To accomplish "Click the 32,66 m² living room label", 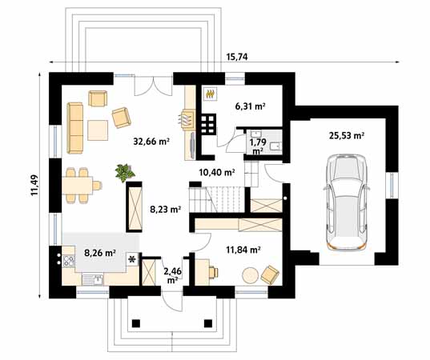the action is (151, 142).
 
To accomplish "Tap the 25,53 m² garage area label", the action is (347, 136).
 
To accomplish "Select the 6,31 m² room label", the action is (250, 106).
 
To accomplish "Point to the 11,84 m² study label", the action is (243, 250).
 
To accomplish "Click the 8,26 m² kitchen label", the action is (99, 253).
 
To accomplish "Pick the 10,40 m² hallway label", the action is (217, 172).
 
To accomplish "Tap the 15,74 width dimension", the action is (237, 57).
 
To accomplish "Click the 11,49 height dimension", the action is (34, 186).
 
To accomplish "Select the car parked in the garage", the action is (346, 202).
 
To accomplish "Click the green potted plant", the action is (125, 172).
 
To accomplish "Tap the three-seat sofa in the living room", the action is (74, 128).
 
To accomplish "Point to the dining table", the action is (78, 186).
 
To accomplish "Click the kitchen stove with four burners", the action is (69, 261).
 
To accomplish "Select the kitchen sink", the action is (92, 279).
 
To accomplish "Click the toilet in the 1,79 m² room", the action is (275, 146).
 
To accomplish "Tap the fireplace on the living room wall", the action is (187, 119).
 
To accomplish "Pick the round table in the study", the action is (250, 275).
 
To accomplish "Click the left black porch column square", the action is (136, 323).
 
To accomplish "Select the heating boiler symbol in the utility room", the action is (211, 94).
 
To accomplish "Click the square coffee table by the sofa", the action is (98, 130).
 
